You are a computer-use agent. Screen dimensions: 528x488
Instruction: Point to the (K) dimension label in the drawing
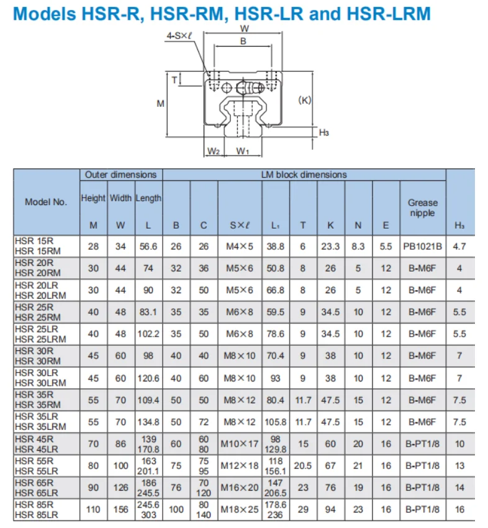tap(304, 99)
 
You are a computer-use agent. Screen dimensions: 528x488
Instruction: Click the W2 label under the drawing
tap(213, 151)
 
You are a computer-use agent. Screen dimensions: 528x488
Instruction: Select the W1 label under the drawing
tap(243, 151)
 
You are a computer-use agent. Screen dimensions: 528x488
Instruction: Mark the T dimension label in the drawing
tap(174, 79)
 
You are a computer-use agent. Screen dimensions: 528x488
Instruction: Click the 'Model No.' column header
tap(46, 202)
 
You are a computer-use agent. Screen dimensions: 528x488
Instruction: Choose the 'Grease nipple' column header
tap(422, 207)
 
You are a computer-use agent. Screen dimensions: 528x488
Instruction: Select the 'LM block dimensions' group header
tap(304, 175)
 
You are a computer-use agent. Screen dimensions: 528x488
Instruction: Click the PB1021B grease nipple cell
tap(422, 246)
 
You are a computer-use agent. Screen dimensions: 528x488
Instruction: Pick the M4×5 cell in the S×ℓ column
tap(239, 246)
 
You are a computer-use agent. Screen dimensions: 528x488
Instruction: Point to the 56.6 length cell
tap(148, 246)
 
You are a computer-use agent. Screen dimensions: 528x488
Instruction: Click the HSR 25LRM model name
tap(40, 339)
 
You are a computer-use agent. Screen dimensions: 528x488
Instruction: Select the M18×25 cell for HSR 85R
tap(239, 509)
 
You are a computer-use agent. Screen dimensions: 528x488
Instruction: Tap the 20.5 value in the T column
tap(302, 465)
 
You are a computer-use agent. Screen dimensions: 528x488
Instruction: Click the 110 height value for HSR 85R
tap(93, 509)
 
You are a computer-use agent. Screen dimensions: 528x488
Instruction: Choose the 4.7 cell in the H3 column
tap(459, 246)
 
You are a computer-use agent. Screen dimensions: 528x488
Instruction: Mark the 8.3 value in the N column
tap(358, 246)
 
